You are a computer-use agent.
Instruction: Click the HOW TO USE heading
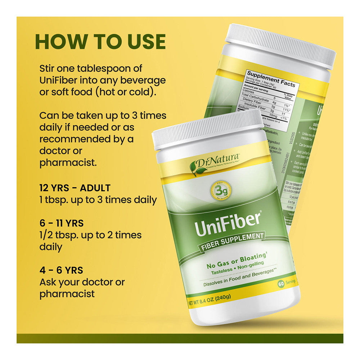[x=100, y=42]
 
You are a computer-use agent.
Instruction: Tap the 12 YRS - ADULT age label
[x=75, y=188]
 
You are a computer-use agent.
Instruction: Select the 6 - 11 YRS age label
[x=62, y=223]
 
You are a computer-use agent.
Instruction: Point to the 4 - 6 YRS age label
[x=61, y=270]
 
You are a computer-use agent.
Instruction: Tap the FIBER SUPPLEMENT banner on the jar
[x=232, y=241]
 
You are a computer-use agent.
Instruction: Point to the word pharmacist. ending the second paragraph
[x=68, y=162]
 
